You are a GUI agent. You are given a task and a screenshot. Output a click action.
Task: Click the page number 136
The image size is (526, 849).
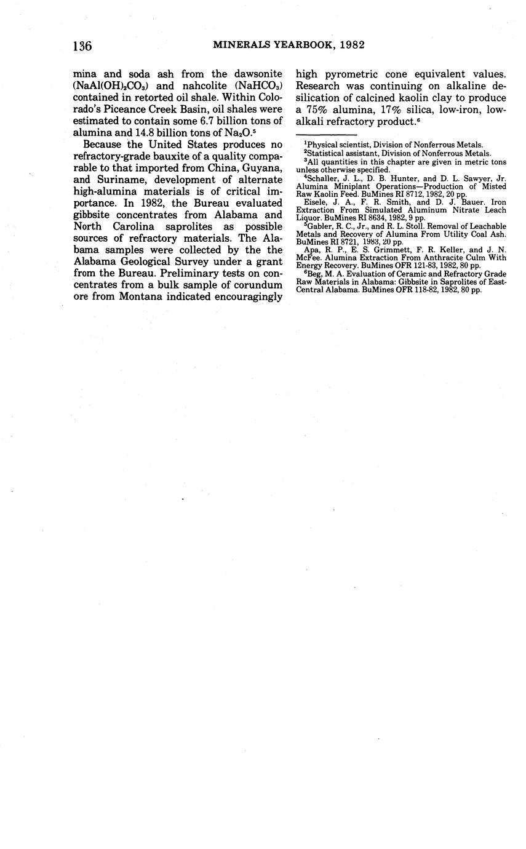(x=82, y=46)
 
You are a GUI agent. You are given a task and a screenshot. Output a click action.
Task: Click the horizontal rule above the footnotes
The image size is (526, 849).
(x=327, y=134)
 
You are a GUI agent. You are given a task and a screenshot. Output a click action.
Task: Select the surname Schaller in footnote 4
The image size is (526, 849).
(x=324, y=178)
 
